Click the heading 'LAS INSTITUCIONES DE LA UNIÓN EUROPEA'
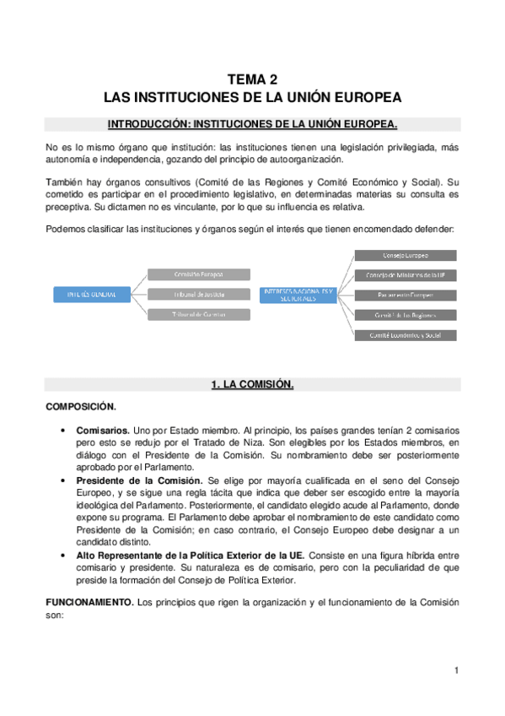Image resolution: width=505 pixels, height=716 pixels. (x=252, y=96)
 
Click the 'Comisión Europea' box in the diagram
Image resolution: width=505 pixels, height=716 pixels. (x=198, y=274)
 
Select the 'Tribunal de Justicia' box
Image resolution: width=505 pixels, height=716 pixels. (x=198, y=294)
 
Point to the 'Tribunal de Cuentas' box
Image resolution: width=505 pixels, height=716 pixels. (x=198, y=314)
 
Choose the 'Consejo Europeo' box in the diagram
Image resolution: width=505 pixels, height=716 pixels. (x=406, y=255)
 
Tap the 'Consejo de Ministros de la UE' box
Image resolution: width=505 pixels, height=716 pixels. (x=406, y=275)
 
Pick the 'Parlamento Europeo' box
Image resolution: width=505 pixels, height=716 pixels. (x=406, y=296)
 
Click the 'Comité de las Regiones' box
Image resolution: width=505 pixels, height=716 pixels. (x=406, y=315)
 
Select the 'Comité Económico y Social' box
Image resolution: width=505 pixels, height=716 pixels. (x=406, y=335)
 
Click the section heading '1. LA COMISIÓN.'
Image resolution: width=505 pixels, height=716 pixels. (x=252, y=385)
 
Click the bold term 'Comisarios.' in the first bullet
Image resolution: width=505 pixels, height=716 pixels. (x=103, y=430)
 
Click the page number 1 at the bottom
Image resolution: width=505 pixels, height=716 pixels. (x=455, y=670)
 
